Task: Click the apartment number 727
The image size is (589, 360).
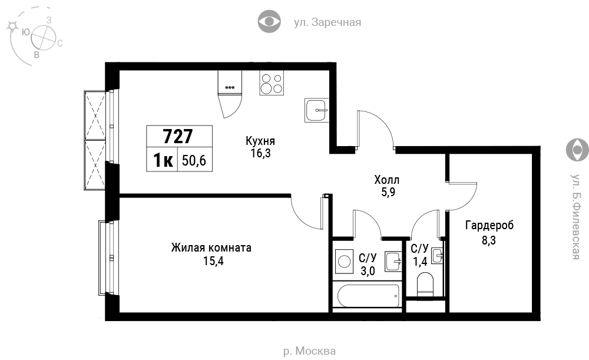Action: pos(178,136)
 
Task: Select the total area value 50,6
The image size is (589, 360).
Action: pos(194,160)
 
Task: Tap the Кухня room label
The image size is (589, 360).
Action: pos(260,141)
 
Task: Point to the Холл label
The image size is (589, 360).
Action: pos(386,180)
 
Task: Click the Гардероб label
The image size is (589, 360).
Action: pos(489,225)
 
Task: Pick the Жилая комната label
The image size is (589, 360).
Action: pos(211,247)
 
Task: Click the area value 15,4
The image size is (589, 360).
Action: pos(213,261)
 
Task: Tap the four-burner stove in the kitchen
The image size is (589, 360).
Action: pos(271,83)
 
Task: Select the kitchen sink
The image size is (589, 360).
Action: pos(316,110)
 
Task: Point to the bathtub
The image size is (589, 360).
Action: pos(369,296)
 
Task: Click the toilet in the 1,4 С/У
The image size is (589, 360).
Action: pos(425,285)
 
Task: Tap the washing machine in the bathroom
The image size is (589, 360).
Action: pos(344,261)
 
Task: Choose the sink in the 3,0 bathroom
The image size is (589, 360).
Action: pos(393,262)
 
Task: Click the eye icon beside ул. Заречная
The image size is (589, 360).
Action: pos(269,21)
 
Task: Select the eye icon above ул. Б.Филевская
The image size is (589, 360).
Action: pos(577,150)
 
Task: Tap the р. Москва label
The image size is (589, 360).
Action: pos(309,351)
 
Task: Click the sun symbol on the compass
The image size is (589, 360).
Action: pos(12,26)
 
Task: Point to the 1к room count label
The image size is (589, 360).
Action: pos(163,160)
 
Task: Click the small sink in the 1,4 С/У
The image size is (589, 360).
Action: pos(437,256)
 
